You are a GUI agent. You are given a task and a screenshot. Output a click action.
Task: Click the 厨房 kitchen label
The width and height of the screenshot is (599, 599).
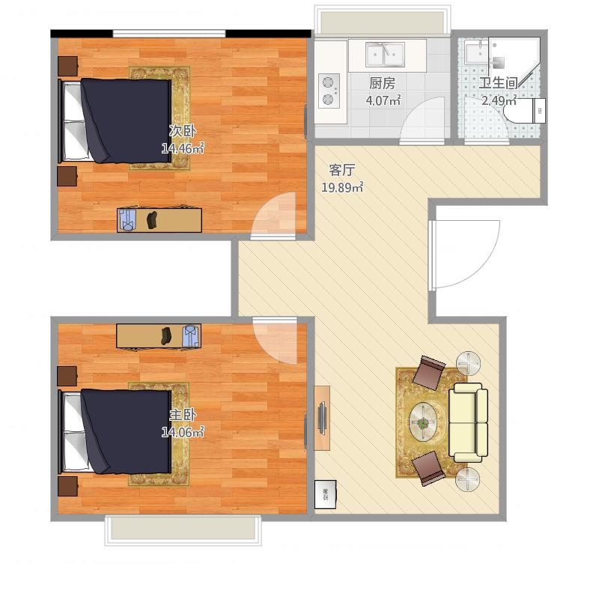[x=382, y=83]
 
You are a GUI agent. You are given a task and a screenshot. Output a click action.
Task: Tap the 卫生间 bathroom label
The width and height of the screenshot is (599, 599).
[x=498, y=83]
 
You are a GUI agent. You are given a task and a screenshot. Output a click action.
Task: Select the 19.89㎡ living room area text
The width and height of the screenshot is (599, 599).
[x=342, y=187]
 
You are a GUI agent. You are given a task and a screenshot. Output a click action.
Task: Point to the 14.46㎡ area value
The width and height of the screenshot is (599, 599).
[x=183, y=148]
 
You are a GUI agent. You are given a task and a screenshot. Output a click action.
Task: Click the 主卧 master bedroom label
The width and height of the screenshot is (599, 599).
[x=183, y=415]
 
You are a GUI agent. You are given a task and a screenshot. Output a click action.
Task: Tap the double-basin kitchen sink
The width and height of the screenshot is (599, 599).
[x=385, y=55]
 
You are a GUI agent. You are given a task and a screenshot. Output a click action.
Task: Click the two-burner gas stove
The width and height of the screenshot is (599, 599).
[x=329, y=91]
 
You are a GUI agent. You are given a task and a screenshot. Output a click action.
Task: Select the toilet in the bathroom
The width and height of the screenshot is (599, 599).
[x=526, y=110]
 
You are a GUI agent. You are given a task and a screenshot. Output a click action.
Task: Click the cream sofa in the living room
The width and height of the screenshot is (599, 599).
[x=468, y=422]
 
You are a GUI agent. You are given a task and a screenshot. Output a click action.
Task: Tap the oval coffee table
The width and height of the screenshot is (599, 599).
[x=423, y=422]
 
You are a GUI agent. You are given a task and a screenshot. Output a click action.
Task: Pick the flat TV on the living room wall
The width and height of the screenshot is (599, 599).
[x=322, y=418]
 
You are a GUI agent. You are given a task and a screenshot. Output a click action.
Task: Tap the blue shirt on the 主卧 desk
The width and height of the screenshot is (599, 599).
[x=191, y=335]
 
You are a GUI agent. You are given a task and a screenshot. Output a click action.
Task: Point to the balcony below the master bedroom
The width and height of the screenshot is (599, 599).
[x=183, y=530]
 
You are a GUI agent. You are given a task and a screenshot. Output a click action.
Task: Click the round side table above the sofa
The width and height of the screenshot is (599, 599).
[x=468, y=363]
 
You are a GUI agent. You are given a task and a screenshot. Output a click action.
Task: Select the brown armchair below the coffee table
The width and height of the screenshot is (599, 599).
[x=428, y=469]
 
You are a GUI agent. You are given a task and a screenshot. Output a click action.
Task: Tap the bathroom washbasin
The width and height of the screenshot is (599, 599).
[x=476, y=53]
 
